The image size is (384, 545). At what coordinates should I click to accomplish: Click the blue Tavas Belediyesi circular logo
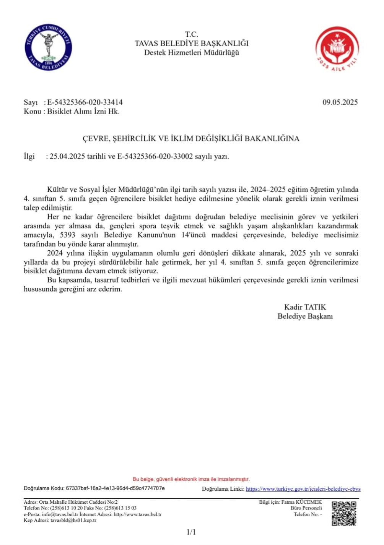click(x=48, y=47)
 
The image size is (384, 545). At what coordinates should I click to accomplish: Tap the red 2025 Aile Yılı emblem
click(x=337, y=48)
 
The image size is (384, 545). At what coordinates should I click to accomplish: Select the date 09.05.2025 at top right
click(x=340, y=102)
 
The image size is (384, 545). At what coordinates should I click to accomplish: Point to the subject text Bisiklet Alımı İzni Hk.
click(x=83, y=112)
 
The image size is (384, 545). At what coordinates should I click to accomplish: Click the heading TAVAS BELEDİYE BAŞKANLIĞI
click(x=191, y=44)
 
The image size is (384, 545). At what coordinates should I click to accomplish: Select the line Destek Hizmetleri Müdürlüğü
click(x=191, y=52)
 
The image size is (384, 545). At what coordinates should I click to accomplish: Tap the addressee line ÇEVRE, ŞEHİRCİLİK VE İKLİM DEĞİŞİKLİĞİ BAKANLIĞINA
click(x=191, y=138)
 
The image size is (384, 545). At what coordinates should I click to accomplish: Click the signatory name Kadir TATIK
click(x=305, y=307)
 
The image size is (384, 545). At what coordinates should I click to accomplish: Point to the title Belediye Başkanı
click(x=305, y=316)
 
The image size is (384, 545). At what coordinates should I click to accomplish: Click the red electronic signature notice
click(x=191, y=479)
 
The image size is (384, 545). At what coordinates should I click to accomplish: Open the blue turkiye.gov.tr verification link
click(x=303, y=489)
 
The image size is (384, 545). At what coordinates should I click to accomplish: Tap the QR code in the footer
click(x=344, y=513)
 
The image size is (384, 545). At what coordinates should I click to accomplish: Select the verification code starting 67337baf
click(x=116, y=488)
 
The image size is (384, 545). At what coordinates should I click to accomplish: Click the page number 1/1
click(x=191, y=532)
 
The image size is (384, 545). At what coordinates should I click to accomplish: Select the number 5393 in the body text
click(x=68, y=235)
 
